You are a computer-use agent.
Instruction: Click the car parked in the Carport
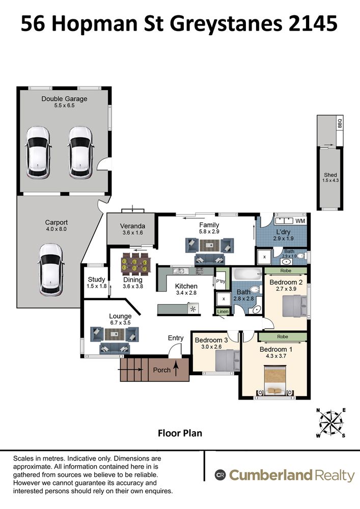(x=50, y=269)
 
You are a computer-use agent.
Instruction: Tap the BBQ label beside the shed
(x=340, y=124)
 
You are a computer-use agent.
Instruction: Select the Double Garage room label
(x=64, y=99)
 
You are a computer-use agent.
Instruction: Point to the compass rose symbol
(x=331, y=422)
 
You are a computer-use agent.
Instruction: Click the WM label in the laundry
(x=300, y=221)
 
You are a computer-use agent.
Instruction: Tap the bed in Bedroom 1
(x=275, y=380)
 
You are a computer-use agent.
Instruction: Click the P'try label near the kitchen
(x=220, y=281)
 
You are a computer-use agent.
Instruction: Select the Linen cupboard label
(x=223, y=312)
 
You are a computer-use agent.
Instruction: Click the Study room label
(x=96, y=279)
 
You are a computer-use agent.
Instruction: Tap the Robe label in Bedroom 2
(x=286, y=271)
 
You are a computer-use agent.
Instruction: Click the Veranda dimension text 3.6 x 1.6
(x=132, y=233)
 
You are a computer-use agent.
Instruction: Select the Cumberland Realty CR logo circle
(x=220, y=475)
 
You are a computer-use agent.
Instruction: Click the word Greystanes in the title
(x=226, y=24)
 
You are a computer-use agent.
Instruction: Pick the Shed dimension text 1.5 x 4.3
(x=330, y=181)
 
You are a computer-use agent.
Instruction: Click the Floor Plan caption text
(x=180, y=433)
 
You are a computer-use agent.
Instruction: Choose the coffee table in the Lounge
(x=115, y=334)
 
